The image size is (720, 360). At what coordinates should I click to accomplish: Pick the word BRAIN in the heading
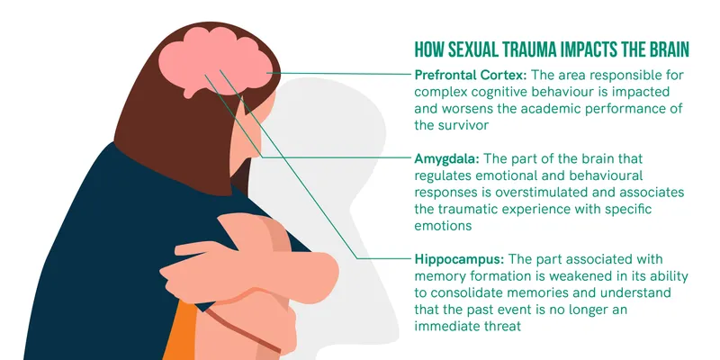669,48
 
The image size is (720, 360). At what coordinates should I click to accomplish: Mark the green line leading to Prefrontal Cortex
342,74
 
